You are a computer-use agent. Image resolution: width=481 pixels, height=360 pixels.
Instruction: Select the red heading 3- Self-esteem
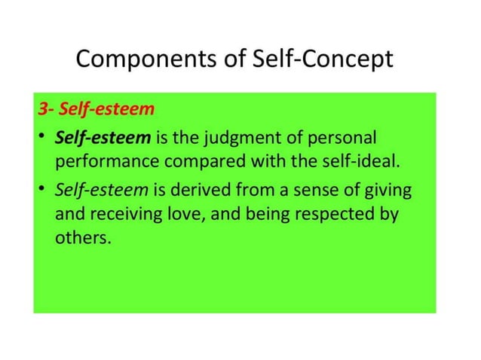[96, 109]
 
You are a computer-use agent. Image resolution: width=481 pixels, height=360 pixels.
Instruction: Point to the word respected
[335, 214]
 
